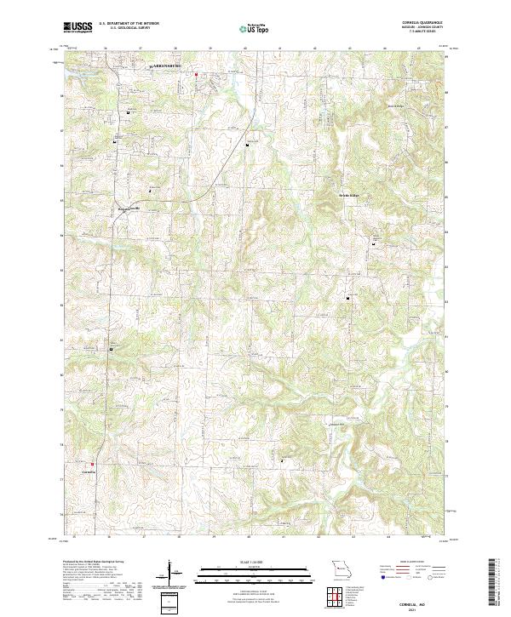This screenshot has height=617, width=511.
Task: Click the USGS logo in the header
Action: point(78,28)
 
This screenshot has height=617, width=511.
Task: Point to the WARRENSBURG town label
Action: point(167,65)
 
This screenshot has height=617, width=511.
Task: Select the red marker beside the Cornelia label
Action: point(93,464)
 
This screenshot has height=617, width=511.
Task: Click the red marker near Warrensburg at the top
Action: point(195,74)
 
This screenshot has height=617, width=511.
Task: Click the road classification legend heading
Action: point(413,563)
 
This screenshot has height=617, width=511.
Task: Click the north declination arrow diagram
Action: point(169,574)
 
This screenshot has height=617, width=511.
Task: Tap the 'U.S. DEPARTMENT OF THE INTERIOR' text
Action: point(123,24)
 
